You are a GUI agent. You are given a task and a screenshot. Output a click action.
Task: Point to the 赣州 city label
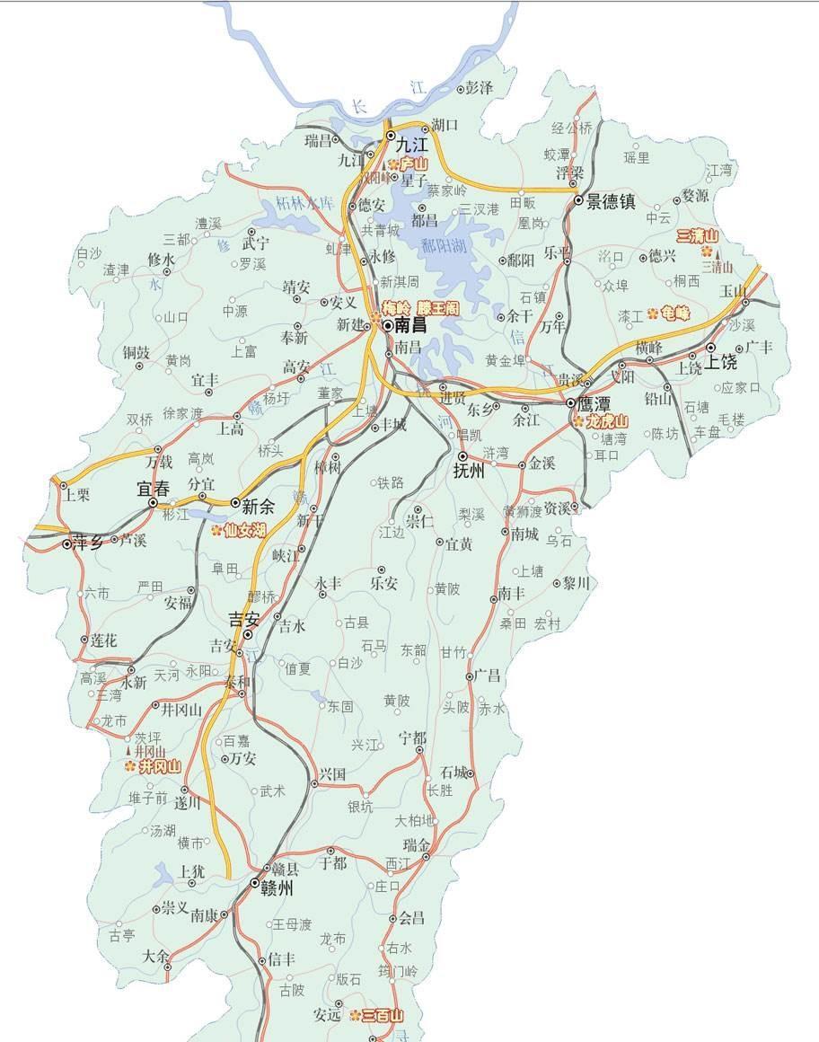pos(277,888)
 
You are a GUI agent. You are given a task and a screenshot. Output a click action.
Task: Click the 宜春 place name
pos(153,490)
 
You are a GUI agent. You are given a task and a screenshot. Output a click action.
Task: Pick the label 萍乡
pos(88,542)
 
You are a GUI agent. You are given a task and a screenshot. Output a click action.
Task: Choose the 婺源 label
pos(695,194)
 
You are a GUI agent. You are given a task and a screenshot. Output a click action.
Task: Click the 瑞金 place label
pos(417,844)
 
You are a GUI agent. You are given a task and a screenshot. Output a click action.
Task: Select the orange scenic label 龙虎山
pos(607,420)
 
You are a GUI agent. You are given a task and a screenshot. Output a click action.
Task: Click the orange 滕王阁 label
pos(437,307)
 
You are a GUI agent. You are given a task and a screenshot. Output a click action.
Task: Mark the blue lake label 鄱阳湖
pos(446,246)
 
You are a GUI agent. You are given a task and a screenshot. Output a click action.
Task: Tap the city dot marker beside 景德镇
pos(579,202)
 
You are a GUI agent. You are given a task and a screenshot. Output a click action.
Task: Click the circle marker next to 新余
pos(235,504)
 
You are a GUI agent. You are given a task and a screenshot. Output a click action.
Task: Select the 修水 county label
pos(161,260)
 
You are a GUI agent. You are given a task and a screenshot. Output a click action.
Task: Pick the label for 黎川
pos(577,583)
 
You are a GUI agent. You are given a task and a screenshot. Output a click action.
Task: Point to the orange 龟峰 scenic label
pos(674,313)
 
